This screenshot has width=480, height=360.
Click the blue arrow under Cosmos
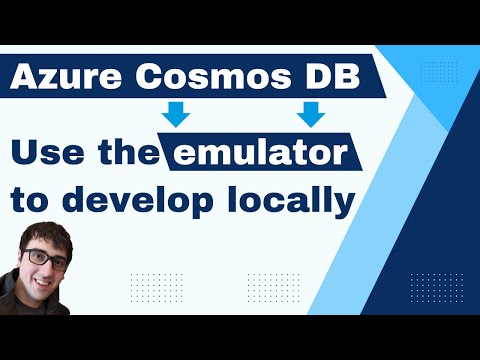[x=177, y=115]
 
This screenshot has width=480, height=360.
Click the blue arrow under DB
[x=312, y=115]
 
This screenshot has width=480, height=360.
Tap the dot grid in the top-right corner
[x=439, y=71]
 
